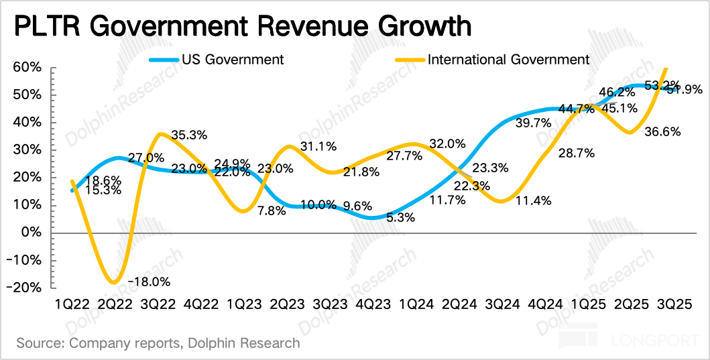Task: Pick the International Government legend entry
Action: tap(508, 59)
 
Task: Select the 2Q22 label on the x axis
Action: tap(115, 304)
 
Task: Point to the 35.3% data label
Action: tap(188, 135)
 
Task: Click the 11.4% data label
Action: tap(534, 199)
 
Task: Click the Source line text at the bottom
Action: tap(158, 343)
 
